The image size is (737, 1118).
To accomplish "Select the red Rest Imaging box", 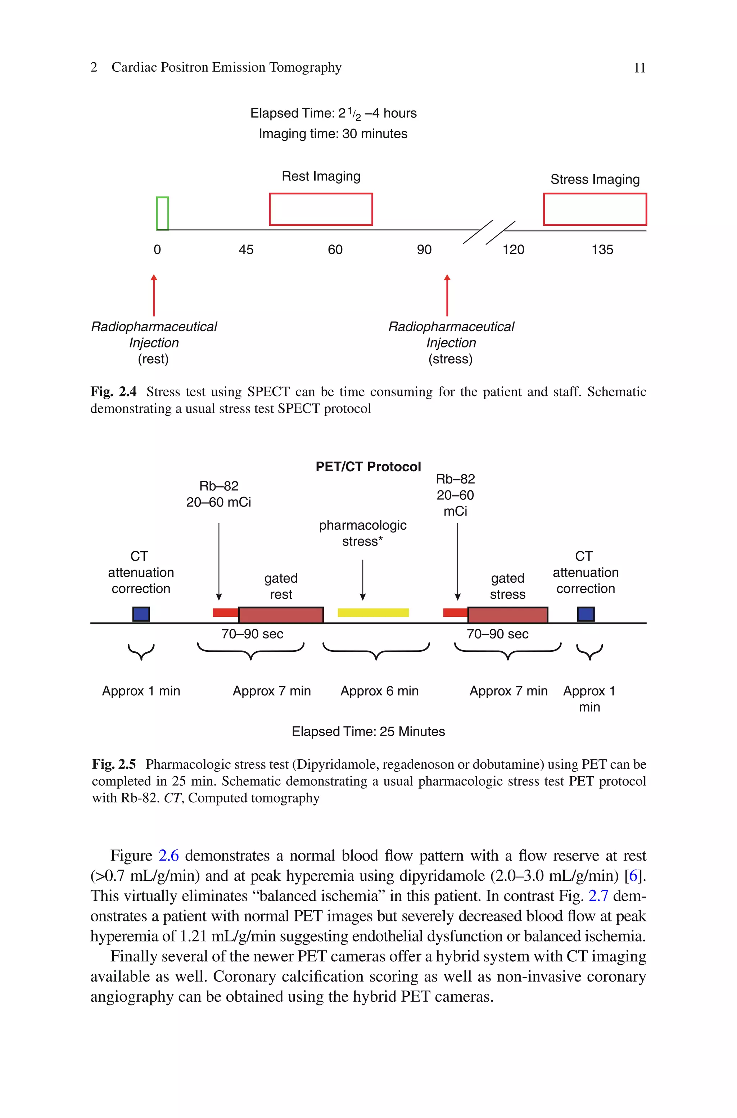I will (x=321, y=209).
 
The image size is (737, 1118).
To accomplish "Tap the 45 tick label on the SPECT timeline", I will (x=246, y=250).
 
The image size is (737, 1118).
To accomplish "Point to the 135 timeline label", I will (x=602, y=250).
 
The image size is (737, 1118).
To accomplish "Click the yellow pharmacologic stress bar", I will (x=373, y=612).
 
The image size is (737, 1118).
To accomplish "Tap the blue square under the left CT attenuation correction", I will (x=141, y=614).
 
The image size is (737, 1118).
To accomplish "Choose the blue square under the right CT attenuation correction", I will (x=585, y=614).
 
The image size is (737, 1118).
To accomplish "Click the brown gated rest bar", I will (x=281, y=615).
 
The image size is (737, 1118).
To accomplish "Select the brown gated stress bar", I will (x=508, y=615).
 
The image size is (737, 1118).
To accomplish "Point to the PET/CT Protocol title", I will (x=368, y=467).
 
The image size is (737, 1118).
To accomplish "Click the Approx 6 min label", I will (x=379, y=691).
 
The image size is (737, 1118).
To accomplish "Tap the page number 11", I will (x=639, y=68).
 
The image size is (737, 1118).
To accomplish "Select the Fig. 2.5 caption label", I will (x=114, y=764).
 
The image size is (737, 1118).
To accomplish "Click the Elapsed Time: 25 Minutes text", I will (x=368, y=732).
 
